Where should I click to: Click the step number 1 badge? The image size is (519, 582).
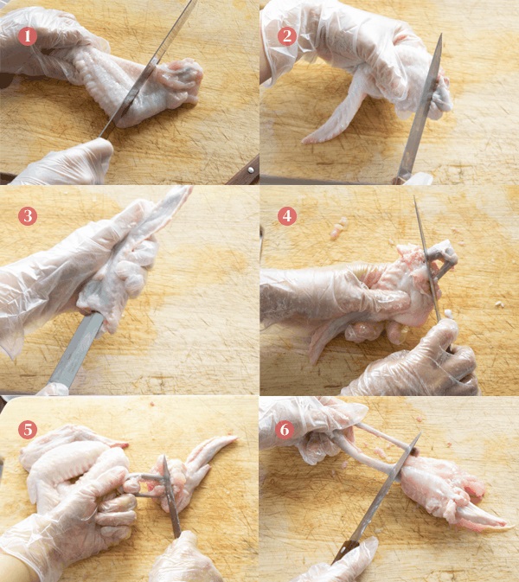27,36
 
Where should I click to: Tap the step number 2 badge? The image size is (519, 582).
287,36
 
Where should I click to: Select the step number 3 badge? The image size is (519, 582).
28,216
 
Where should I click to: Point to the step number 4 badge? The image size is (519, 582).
287,216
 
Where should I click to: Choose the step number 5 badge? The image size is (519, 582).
28,430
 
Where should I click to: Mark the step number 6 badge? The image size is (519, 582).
285,430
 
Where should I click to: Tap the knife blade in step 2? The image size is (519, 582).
420,107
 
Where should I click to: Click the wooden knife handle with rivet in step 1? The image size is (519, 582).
244,171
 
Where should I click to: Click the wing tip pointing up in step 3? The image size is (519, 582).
170,208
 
